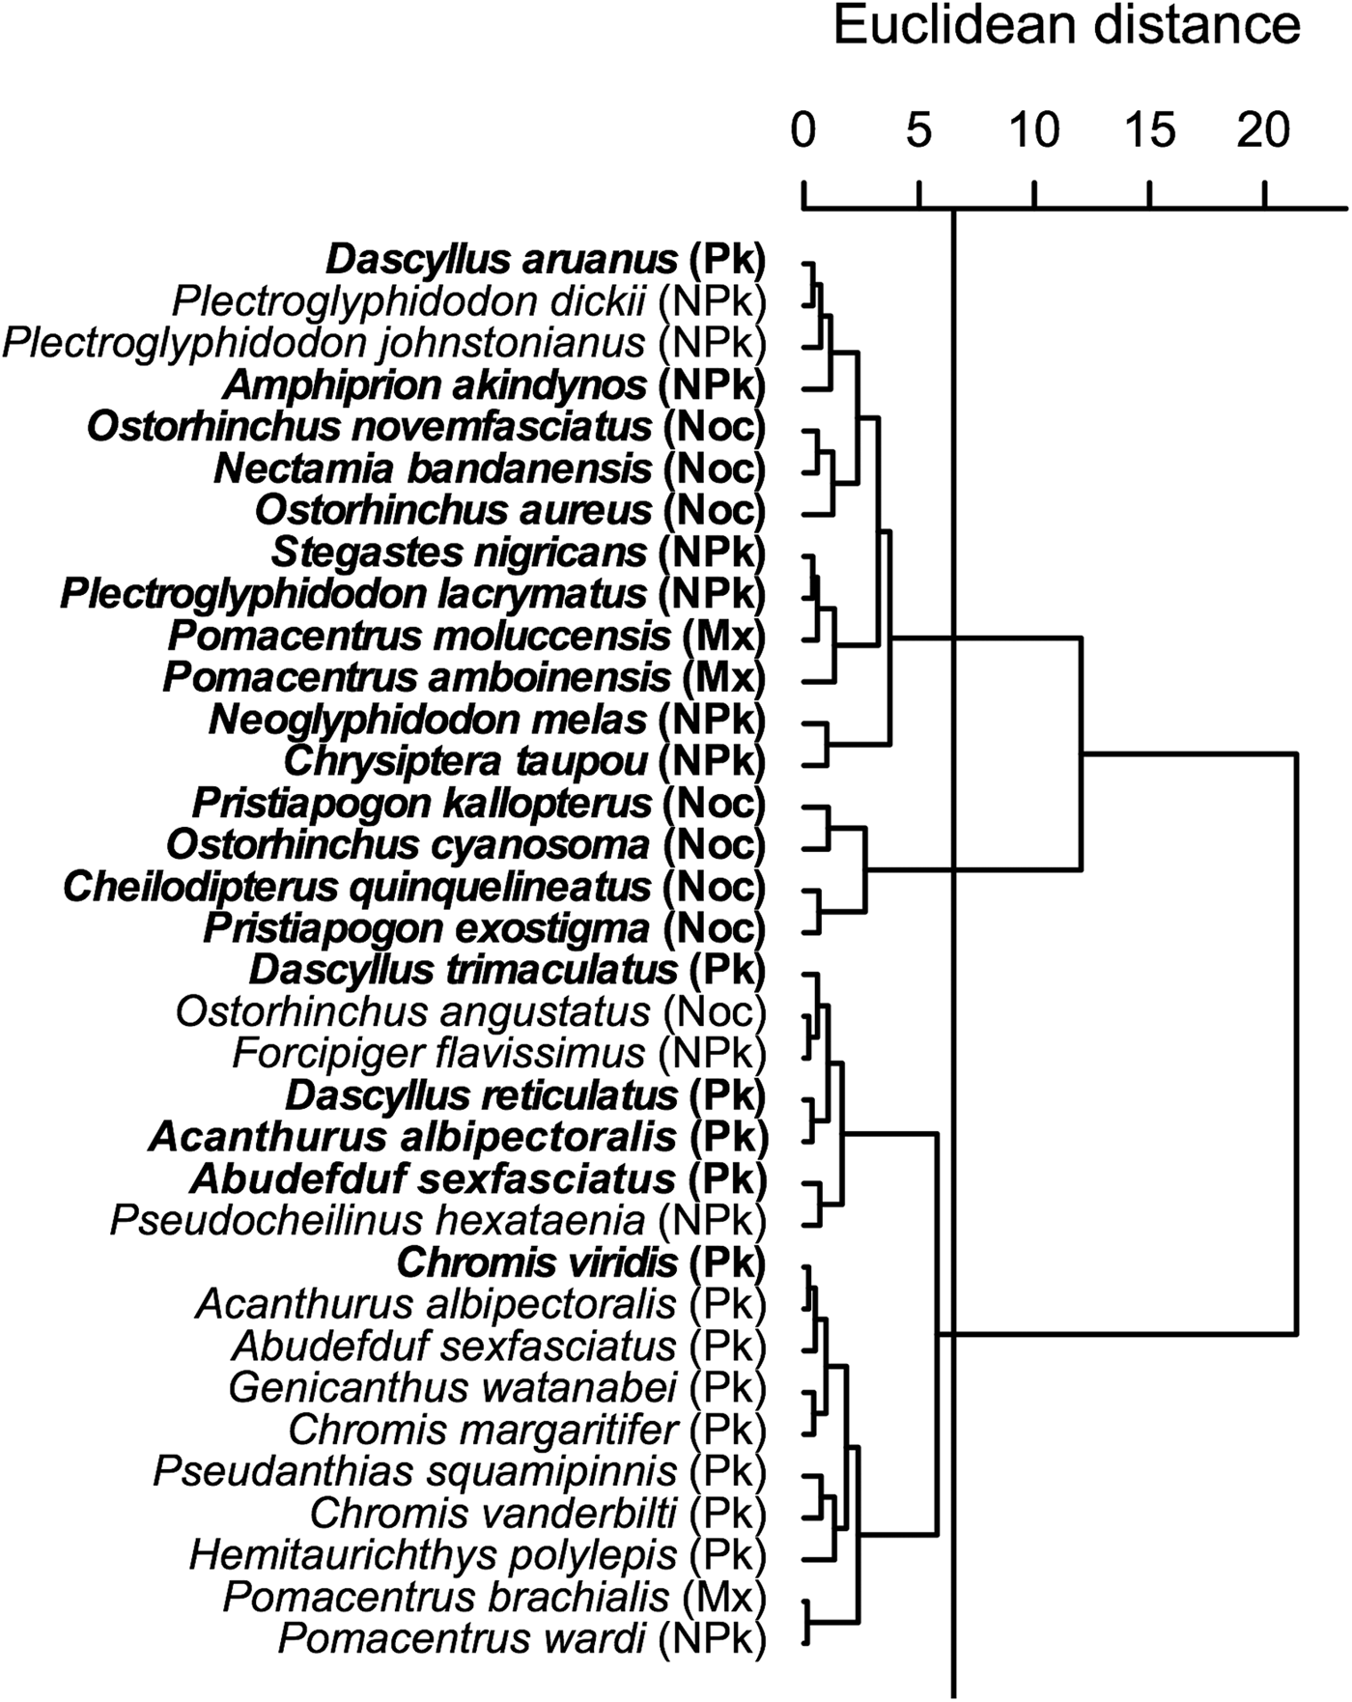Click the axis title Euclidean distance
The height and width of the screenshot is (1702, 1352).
coord(1066,25)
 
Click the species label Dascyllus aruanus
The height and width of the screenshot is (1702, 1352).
coord(501,259)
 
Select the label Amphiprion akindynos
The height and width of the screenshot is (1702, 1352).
coord(435,385)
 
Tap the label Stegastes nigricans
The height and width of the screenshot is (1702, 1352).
coord(459,553)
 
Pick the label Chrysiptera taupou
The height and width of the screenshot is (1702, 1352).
coord(465,761)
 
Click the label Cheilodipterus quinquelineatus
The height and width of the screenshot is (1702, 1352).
coord(357,886)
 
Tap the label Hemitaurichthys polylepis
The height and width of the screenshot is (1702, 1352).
coord(433,1555)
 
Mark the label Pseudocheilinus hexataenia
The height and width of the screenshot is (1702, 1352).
coord(378,1220)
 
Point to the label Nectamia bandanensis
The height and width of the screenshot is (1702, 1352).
coord(433,469)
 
